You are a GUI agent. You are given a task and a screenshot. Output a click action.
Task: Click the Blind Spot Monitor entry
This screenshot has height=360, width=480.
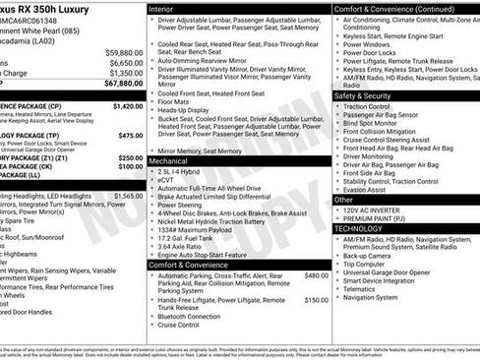377,123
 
